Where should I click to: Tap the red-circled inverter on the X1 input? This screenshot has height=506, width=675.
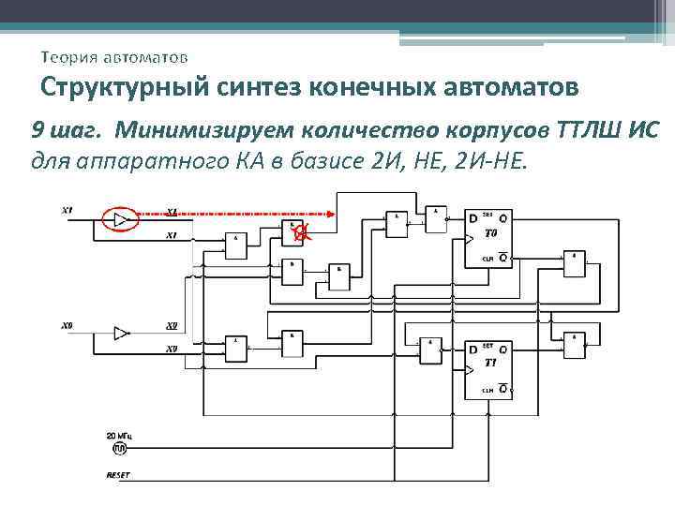119,219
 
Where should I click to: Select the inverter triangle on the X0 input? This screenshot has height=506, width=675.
121,333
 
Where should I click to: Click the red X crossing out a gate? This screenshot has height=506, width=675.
298,233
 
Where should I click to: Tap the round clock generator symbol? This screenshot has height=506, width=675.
119,450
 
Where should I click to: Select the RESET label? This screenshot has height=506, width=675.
119,475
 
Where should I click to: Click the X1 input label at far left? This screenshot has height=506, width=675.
67,209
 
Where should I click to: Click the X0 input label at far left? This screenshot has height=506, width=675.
67,326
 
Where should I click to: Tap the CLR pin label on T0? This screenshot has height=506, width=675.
487,258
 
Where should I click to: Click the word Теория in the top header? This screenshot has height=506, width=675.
68,58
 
